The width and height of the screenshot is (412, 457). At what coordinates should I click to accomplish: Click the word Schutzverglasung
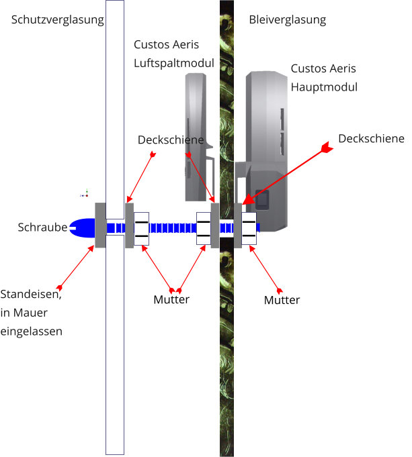click(58, 20)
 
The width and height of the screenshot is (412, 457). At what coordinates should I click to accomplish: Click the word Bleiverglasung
click(287, 20)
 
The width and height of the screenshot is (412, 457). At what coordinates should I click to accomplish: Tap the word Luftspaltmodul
click(174, 63)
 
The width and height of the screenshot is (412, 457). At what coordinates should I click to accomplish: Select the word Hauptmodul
click(324, 87)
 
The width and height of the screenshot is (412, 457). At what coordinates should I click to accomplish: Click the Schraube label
click(42, 227)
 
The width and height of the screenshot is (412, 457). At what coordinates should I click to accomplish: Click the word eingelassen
click(32, 330)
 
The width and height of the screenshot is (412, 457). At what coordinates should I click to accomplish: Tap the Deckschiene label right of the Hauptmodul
click(371, 138)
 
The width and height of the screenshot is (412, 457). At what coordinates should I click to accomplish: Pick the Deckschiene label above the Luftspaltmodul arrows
click(171, 140)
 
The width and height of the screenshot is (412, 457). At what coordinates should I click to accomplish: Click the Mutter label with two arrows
click(171, 299)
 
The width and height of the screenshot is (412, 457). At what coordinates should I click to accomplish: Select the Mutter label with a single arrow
click(282, 299)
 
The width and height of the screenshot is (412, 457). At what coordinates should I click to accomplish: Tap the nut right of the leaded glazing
click(249, 228)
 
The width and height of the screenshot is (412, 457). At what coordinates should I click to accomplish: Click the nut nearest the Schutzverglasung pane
click(141, 228)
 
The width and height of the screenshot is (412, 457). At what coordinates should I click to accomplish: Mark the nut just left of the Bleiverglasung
click(204, 228)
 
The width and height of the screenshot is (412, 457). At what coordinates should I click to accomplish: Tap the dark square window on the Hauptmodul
click(263, 199)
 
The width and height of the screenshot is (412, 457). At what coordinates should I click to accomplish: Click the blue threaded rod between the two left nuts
click(172, 227)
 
